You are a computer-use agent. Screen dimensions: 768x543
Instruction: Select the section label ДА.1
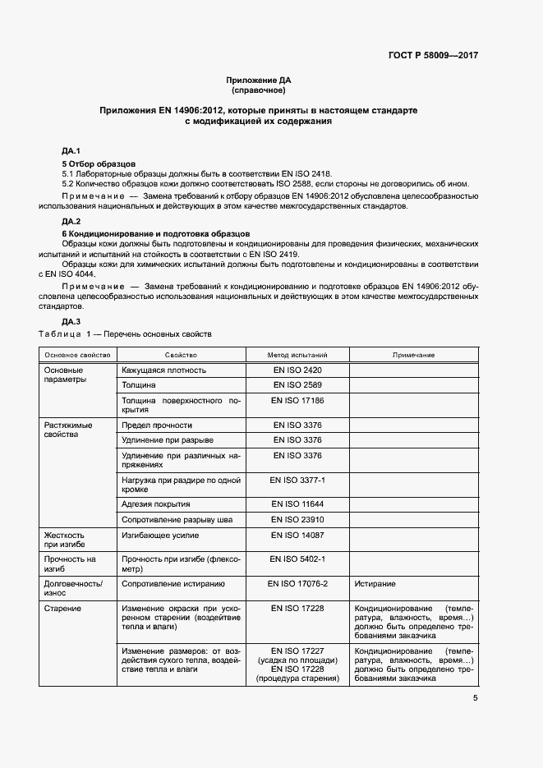71,151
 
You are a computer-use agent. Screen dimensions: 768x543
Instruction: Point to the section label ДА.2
71,222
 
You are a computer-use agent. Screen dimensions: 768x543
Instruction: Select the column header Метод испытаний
297,355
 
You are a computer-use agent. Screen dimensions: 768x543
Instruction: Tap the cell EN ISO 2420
297,370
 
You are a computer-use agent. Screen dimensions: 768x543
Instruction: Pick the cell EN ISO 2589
297,384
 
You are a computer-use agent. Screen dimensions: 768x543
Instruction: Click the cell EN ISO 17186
297,400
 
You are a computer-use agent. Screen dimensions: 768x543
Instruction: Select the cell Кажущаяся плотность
163,370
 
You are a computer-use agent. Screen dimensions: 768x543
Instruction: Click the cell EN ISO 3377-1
297,478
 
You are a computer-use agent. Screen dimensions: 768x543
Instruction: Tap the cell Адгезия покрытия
156,504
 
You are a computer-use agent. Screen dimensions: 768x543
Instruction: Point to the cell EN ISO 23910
297,519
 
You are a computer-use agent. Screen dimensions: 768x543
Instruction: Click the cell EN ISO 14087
297,535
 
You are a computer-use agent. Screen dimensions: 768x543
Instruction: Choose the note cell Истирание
375,583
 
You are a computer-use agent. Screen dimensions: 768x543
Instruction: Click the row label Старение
62,608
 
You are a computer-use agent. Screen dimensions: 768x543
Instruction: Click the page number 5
475,698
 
